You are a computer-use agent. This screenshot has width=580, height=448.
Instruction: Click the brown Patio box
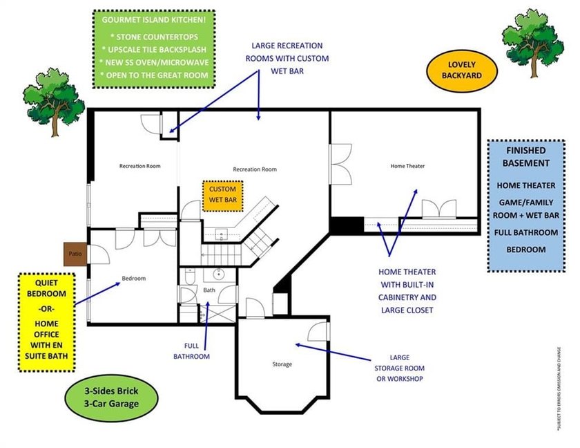tap(75, 254)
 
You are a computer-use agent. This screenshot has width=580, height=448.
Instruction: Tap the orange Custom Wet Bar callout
tap(223, 194)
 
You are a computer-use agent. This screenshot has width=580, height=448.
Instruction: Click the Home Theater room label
tap(407, 166)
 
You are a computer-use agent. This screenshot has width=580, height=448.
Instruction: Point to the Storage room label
tap(282, 364)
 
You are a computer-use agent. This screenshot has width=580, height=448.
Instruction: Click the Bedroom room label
tap(133, 278)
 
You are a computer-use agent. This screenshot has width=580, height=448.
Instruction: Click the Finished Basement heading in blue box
tap(526, 156)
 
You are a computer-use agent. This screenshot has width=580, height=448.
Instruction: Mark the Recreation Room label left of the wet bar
tap(140, 166)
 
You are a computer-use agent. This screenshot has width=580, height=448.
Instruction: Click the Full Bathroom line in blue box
tap(526, 232)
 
